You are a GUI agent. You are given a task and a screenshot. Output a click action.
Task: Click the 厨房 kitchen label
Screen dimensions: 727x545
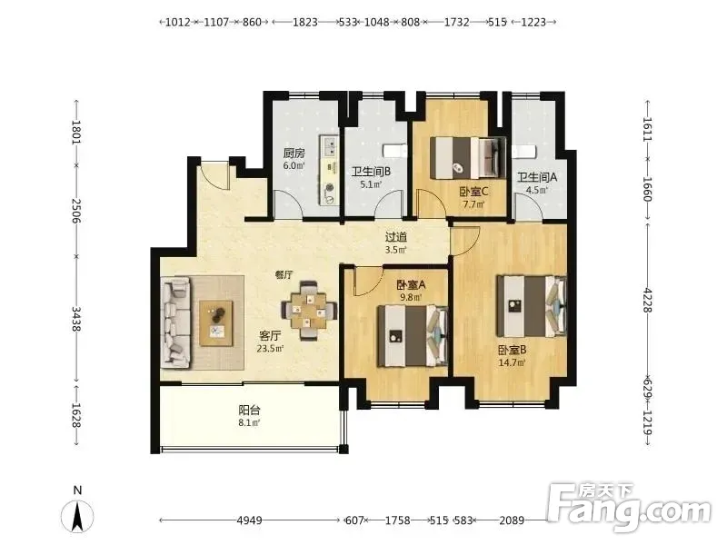coord(294,153)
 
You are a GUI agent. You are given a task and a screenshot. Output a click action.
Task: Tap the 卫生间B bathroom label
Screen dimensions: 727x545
coord(371,172)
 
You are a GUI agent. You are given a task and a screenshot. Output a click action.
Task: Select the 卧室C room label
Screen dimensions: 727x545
coord(473,192)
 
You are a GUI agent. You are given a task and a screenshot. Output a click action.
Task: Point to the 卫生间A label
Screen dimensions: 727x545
coord(537,177)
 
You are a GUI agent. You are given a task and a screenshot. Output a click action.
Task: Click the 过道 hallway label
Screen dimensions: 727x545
coord(396,237)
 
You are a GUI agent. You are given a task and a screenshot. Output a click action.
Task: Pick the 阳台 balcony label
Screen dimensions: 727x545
coord(249,411)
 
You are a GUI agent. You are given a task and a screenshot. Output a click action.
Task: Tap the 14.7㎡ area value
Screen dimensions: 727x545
coord(512,362)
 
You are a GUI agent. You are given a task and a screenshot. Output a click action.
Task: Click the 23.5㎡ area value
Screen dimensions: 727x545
coord(270,349)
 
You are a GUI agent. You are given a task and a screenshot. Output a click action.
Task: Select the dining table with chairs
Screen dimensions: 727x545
coord(309,311)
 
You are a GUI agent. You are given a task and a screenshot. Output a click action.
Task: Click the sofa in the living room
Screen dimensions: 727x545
coord(176,323)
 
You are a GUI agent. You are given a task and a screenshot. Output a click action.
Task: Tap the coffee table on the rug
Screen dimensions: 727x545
coord(216,323)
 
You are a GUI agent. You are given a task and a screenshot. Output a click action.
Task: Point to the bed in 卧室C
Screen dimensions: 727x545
coord(468,158)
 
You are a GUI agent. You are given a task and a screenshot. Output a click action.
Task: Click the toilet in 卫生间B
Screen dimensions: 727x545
coord(394,151)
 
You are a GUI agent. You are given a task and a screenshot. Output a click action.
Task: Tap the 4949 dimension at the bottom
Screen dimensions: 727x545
coord(249,520)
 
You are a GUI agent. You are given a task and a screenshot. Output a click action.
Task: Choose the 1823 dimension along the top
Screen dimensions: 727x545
coord(305,22)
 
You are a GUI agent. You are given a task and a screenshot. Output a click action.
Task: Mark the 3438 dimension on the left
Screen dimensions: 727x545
coord(76,320)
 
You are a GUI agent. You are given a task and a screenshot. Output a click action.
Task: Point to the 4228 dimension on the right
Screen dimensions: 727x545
coord(647,301)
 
